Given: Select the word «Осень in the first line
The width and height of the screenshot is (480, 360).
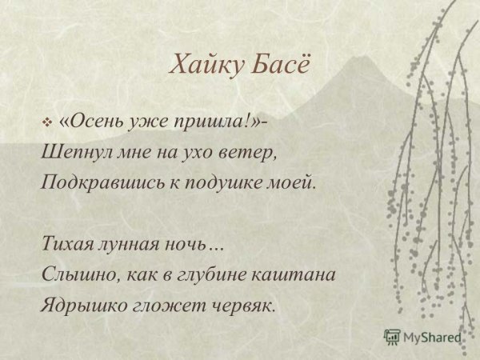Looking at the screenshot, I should pos(87,121).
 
